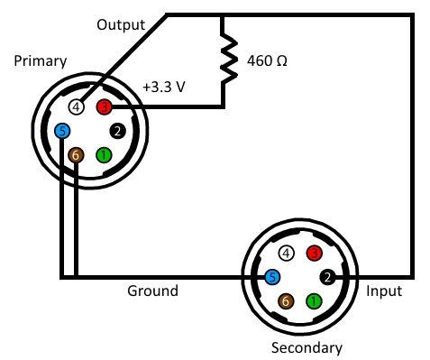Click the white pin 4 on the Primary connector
77,106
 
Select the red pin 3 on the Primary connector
104,106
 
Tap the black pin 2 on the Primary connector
117,131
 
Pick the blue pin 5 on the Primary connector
62,131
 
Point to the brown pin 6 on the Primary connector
76,155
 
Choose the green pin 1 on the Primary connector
104,155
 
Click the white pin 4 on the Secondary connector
286,254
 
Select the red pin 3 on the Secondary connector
314,254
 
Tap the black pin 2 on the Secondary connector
327,277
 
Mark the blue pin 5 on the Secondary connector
272,277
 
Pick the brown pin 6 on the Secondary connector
286,301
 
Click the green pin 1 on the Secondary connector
314,301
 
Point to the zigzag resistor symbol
228,59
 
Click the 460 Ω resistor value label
267,60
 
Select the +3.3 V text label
164,87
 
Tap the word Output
121,24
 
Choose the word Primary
41,61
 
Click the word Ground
152,291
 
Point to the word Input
384,291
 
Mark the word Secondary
306,347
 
